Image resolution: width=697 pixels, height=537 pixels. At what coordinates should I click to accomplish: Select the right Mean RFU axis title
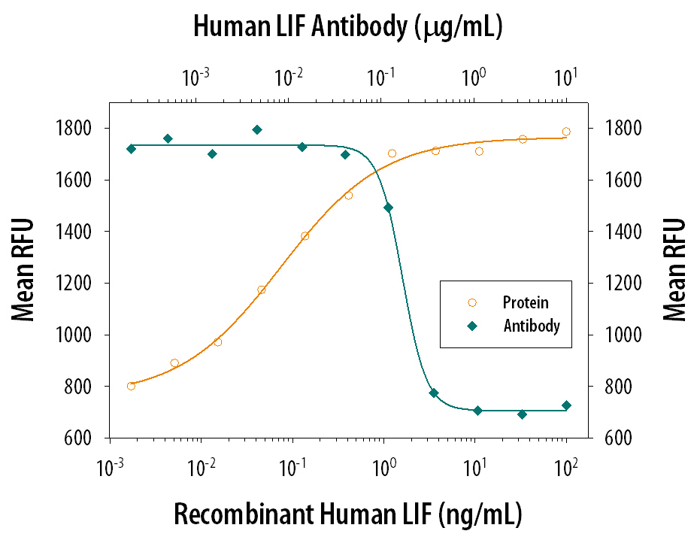click(674, 269)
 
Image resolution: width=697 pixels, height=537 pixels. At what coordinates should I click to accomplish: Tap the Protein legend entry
click(525, 303)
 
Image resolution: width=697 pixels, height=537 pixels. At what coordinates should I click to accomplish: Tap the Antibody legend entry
click(531, 326)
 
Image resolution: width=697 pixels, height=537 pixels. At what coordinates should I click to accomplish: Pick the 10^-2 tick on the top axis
click(288, 76)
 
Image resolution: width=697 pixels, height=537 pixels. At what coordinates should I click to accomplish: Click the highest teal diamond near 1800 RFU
click(257, 129)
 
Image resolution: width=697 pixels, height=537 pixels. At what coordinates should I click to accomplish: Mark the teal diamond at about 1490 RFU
click(388, 208)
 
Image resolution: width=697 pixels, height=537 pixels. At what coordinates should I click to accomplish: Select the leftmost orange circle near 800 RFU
click(131, 386)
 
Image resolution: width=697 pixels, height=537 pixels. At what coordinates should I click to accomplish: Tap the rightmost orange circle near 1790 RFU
click(566, 132)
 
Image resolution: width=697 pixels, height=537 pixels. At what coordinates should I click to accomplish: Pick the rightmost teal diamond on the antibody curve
click(566, 405)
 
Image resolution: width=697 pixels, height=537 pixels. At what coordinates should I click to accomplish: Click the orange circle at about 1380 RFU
click(305, 236)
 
